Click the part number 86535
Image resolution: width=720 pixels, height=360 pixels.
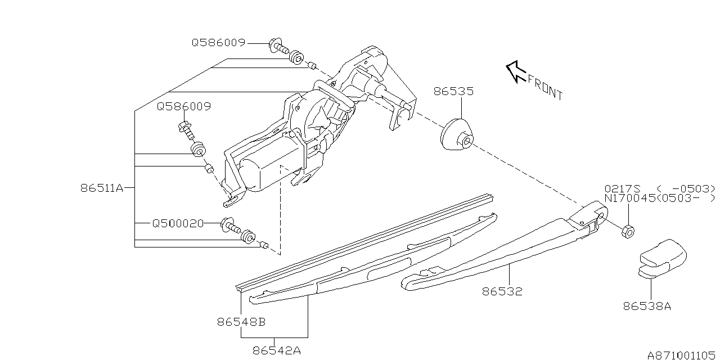coord(453,91)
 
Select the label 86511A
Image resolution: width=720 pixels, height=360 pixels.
coord(102,188)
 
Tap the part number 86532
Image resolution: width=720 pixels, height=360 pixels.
coord(502,291)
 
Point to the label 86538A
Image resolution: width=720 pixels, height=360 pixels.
coord(647,306)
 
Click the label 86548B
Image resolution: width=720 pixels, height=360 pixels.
coord(241,322)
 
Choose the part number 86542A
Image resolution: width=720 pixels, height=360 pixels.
coord(277,350)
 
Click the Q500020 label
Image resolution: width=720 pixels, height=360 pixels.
coord(178,223)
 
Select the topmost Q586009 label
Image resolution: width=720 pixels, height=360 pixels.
coord(219,42)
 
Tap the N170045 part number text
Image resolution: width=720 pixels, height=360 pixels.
coord(629,199)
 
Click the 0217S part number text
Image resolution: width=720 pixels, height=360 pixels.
coord(623,188)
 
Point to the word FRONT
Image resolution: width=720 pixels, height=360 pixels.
coord(546,88)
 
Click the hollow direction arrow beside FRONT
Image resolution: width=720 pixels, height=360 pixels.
coord(516,71)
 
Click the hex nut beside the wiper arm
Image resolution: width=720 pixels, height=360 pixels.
coord(628,231)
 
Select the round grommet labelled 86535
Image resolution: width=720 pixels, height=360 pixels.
coord(457,134)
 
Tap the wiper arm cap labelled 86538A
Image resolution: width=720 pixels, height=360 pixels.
coord(663,258)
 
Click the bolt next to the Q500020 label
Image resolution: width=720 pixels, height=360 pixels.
coord(231,226)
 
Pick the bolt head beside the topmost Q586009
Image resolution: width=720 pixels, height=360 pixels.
coord(274,44)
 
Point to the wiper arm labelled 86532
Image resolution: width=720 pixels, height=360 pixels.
coord(505,246)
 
